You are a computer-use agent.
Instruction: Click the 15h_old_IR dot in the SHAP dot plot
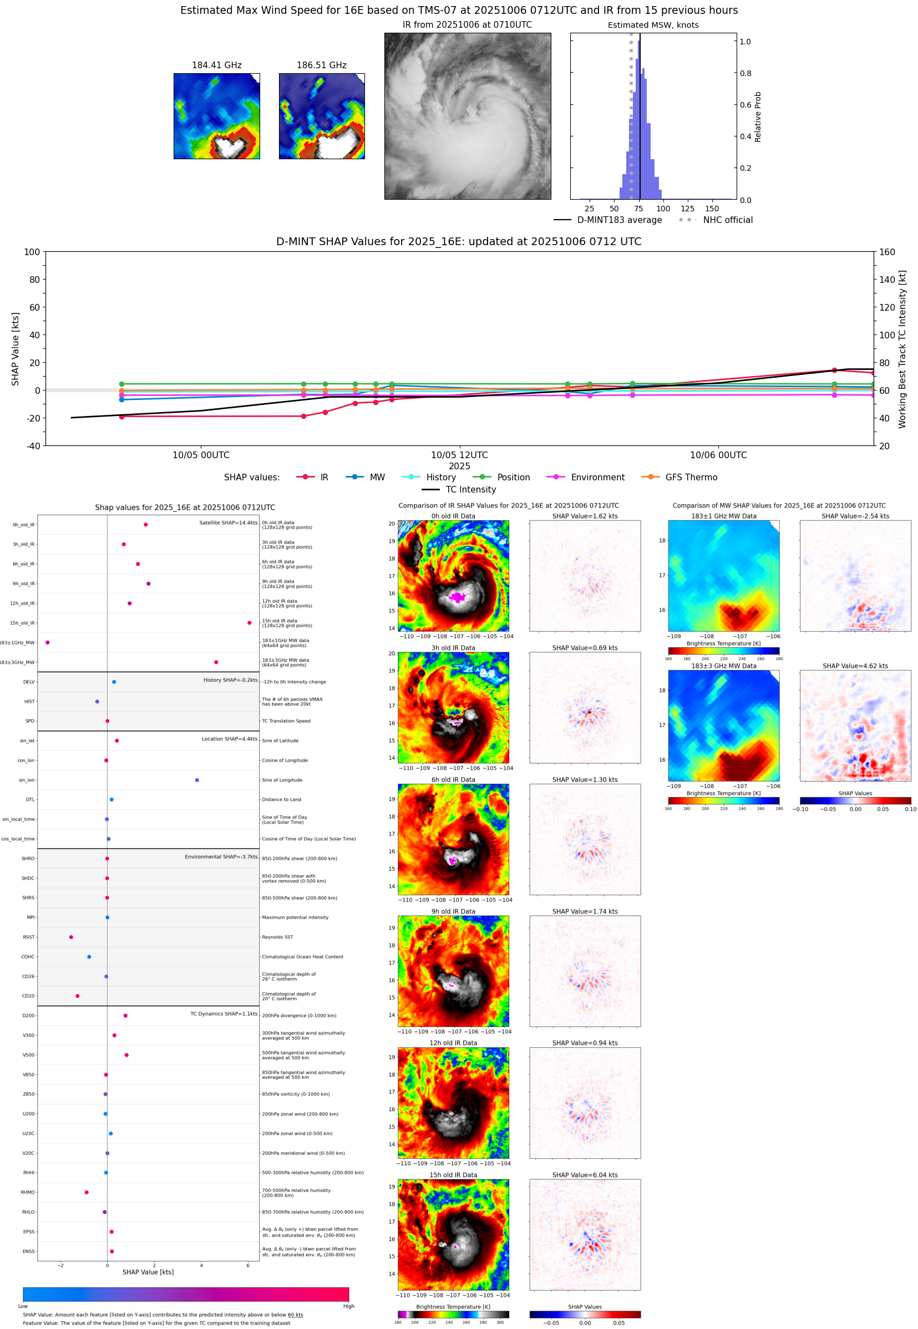[x=249, y=623]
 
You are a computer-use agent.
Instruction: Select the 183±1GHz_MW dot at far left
[x=48, y=642]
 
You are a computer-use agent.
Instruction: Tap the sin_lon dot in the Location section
[x=197, y=780]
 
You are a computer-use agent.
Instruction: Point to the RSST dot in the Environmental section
[x=72, y=937]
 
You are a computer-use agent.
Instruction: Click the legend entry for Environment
[x=597, y=478]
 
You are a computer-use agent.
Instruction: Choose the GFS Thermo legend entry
[x=691, y=478]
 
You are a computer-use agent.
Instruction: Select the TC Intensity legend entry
[x=470, y=489]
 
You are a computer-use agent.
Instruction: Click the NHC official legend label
[x=728, y=220]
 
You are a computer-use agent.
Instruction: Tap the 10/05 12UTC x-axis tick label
[x=459, y=455]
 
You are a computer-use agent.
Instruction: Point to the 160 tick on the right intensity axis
[x=887, y=252]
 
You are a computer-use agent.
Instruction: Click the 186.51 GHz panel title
[x=322, y=65]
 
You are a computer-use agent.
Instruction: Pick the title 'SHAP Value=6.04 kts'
[x=585, y=1175]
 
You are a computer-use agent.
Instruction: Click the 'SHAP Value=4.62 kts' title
[x=855, y=666]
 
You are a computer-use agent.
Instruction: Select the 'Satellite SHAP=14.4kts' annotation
[x=228, y=523]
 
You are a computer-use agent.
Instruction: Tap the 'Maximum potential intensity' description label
[x=295, y=917]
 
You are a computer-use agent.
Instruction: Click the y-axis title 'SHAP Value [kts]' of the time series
[x=16, y=348]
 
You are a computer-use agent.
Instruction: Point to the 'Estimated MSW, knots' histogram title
[x=653, y=26]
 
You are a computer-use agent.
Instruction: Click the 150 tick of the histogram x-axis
[x=712, y=209]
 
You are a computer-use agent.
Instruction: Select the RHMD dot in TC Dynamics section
[x=87, y=1192]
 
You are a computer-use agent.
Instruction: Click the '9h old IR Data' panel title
[x=453, y=911]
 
